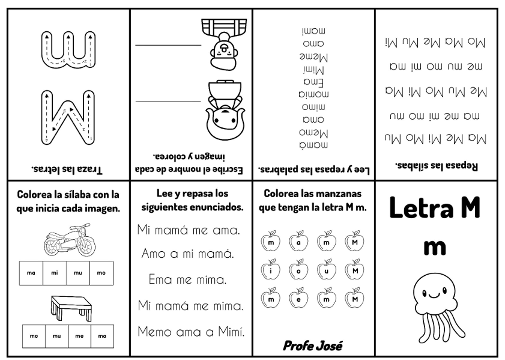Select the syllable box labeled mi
point(55,273)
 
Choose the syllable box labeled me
point(79,336)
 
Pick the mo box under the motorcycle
point(101,273)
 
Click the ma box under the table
point(102,336)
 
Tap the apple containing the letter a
point(298,242)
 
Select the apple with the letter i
point(271,270)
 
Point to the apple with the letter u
point(327,270)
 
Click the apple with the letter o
point(298,270)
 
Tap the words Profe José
point(312,345)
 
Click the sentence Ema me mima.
point(187,279)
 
